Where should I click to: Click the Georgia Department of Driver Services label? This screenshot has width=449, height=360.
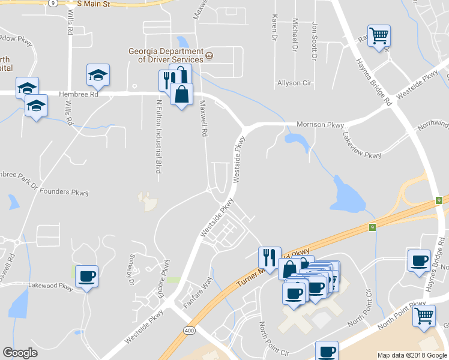(x=165, y=55)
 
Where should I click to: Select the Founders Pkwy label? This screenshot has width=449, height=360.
(x=64, y=193)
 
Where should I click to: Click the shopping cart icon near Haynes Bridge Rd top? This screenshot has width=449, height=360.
(x=379, y=37)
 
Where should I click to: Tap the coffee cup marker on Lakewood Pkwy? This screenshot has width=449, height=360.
(x=87, y=277)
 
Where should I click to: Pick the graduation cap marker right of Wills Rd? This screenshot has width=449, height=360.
(x=98, y=75)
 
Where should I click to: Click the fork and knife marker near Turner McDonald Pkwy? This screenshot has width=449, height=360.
(x=270, y=257)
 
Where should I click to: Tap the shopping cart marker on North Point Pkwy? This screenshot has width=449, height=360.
(x=424, y=315)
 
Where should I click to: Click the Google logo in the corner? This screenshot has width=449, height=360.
(x=20, y=353)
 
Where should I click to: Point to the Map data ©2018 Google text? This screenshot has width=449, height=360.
(x=412, y=355)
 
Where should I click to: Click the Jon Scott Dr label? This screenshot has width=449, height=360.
(x=314, y=41)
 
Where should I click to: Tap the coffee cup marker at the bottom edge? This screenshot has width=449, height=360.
(x=327, y=351)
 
